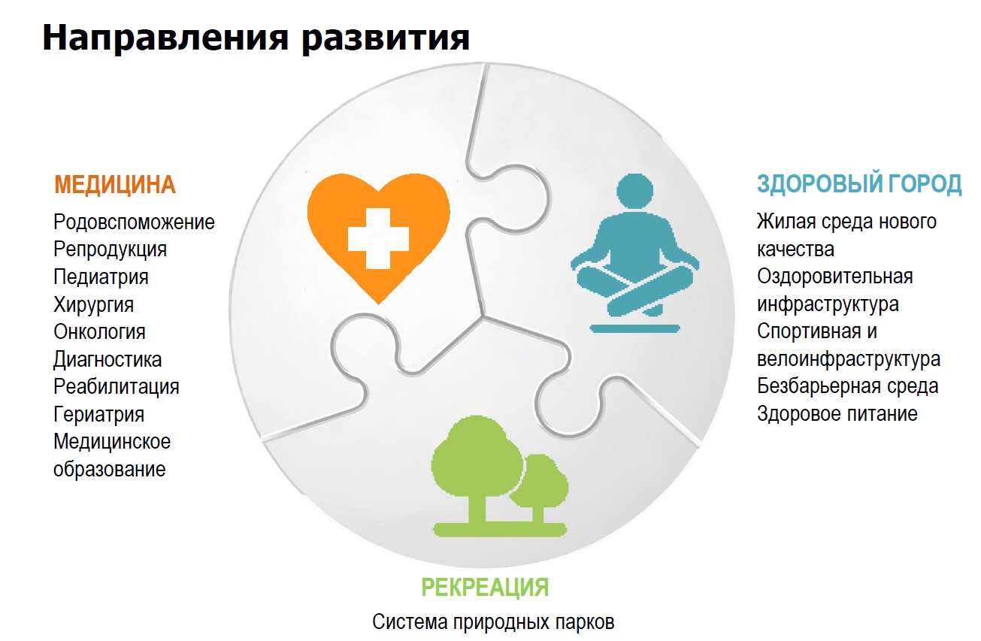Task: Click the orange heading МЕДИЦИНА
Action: [115, 184]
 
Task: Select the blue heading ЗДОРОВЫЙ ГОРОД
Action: [859, 183]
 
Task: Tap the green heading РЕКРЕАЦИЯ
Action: [485, 587]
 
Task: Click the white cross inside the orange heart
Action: [378, 238]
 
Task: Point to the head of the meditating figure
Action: [634, 192]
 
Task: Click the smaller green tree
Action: [540, 487]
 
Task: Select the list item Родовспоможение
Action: [134, 222]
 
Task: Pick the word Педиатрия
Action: [101, 277]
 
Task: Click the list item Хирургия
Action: [93, 305]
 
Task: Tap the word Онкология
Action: [99, 332]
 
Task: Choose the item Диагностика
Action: [107, 360]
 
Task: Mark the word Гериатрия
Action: [98, 415]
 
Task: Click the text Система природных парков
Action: [493, 622]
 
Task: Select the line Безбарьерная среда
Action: [847, 386]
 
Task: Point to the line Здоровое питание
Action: [837, 414]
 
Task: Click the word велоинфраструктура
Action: [848, 359]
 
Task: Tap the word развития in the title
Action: [386, 38]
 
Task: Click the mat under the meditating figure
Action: [634, 329]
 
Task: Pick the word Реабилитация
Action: [116, 387]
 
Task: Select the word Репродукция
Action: [110, 249]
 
